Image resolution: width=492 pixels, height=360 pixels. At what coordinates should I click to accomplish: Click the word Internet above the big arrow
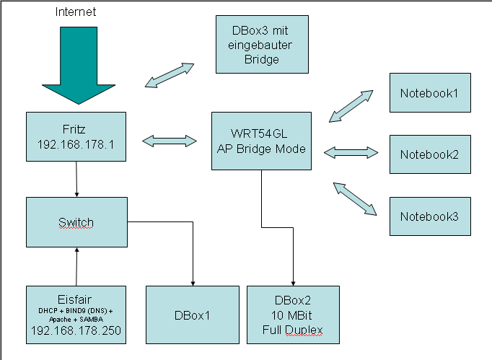pyautogui.click(x=75, y=12)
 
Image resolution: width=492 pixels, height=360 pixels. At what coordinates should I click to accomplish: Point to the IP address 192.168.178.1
pyautogui.click(x=76, y=144)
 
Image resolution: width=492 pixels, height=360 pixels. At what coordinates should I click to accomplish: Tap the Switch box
pyautogui.click(x=76, y=221)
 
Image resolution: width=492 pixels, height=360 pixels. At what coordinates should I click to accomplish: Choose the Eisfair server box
pyautogui.click(x=76, y=313)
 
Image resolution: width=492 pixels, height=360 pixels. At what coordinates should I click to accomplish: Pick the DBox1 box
pyautogui.click(x=192, y=314)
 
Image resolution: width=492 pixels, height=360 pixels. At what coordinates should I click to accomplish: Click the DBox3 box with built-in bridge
pyautogui.click(x=262, y=45)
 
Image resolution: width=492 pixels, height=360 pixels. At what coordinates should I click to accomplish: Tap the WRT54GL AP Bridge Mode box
pyautogui.click(x=261, y=141)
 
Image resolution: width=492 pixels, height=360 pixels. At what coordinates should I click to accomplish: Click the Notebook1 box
pyautogui.click(x=429, y=92)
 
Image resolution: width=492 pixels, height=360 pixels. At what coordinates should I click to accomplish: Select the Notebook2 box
pyautogui.click(x=429, y=154)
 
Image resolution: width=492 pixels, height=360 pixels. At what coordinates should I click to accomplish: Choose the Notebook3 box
pyautogui.click(x=429, y=215)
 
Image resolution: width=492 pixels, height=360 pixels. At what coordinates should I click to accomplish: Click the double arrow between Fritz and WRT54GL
pyautogui.click(x=170, y=141)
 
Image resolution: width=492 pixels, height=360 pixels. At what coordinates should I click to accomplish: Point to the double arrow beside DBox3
pyautogui.click(x=170, y=75)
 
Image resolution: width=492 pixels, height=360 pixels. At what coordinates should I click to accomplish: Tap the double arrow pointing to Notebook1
pyautogui.click(x=351, y=105)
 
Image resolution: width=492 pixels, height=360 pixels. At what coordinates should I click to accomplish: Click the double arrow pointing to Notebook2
pyautogui.click(x=351, y=152)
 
